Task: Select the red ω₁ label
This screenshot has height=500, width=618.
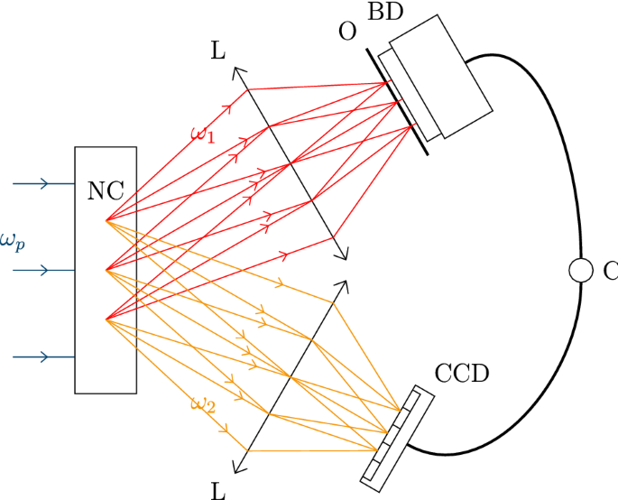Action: (202, 134)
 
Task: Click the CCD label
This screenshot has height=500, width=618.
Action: (462, 372)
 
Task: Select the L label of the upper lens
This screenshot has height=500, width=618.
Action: (217, 51)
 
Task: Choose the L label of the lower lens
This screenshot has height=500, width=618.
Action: (217, 488)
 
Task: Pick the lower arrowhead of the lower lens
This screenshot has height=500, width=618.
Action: (236, 469)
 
